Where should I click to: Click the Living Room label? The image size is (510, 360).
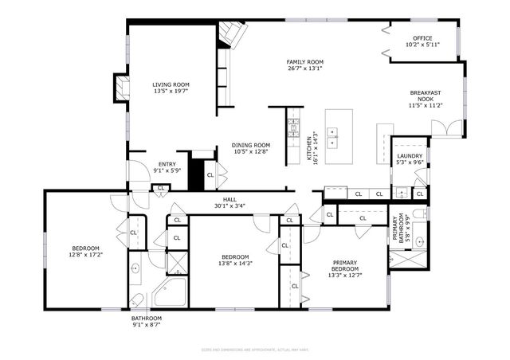[171, 84]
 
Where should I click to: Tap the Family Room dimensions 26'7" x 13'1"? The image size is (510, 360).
[304, 68]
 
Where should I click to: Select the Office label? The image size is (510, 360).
[422, 38]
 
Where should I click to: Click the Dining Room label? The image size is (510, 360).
[251, 145]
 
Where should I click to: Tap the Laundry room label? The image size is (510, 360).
[409, 156]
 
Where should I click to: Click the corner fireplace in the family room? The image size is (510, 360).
[233, 34]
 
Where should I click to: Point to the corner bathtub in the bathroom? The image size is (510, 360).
[170, 292]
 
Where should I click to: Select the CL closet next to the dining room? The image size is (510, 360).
[210, 175]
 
